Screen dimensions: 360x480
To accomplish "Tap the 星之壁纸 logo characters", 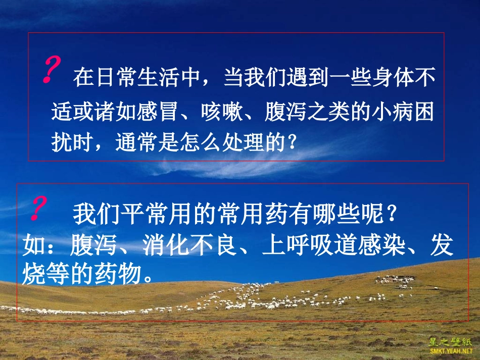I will tap(451, 340).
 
